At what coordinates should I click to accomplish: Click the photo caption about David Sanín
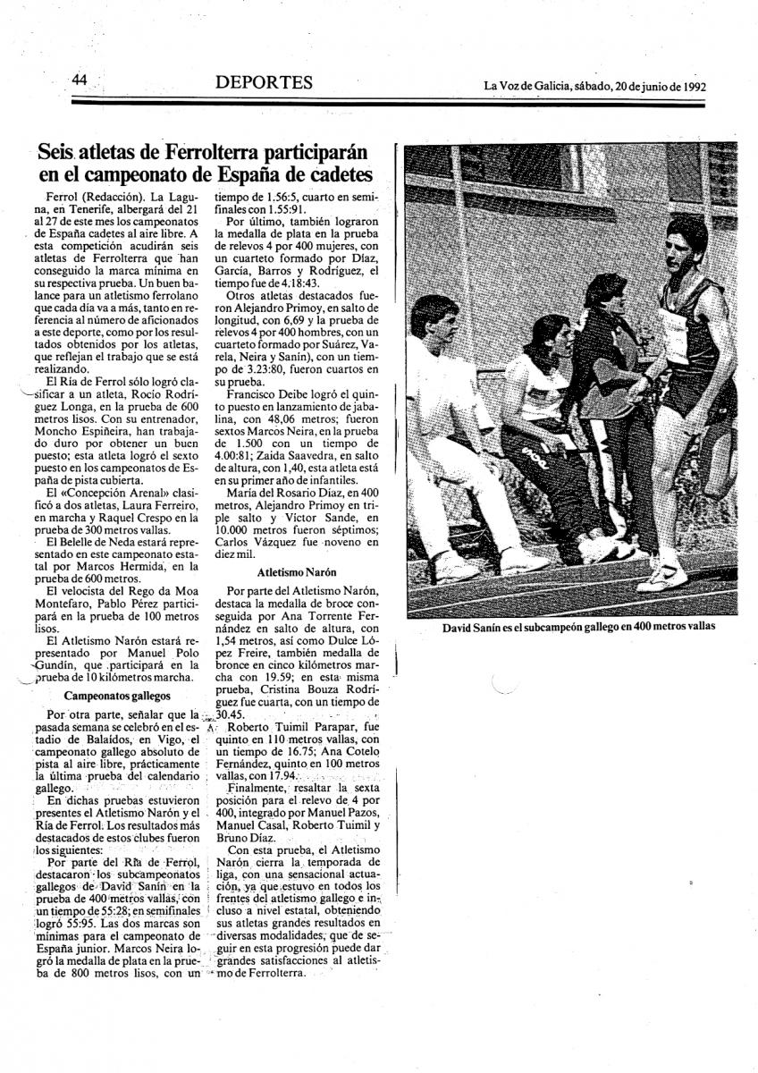[x=578, y=627]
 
